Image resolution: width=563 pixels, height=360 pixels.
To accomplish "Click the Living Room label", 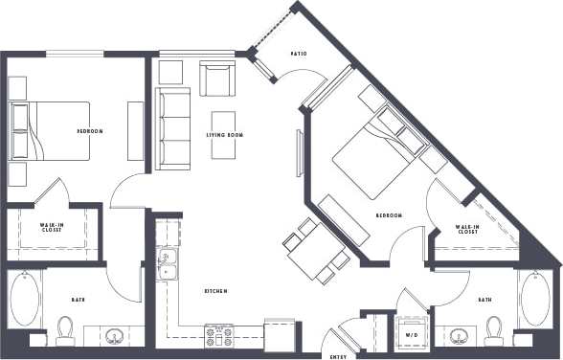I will [x=225, y=136].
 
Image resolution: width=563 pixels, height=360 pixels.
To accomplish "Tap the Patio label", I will [x=298, y=54].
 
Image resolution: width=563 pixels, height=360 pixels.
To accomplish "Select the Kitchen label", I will [x=215, y=291].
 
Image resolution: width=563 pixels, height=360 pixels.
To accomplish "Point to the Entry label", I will [x=338, y=356].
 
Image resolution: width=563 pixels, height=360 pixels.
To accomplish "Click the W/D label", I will [x=414, y=334].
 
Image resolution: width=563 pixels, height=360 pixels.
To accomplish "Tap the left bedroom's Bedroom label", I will [x=90, y=131].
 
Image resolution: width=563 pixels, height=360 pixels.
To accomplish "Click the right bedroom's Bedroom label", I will [x=388, y=215].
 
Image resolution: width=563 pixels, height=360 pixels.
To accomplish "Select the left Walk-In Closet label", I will [x=53, y=229].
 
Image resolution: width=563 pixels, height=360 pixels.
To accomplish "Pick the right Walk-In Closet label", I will [x=467, y=230].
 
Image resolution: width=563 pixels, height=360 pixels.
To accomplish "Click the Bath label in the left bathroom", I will [x=78, y=301].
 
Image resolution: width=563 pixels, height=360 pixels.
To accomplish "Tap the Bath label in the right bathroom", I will [x=485, y=301].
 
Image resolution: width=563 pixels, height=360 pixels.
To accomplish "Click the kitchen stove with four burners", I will [x=219, y=334].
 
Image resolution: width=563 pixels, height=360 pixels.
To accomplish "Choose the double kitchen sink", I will [x=168, y=264].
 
